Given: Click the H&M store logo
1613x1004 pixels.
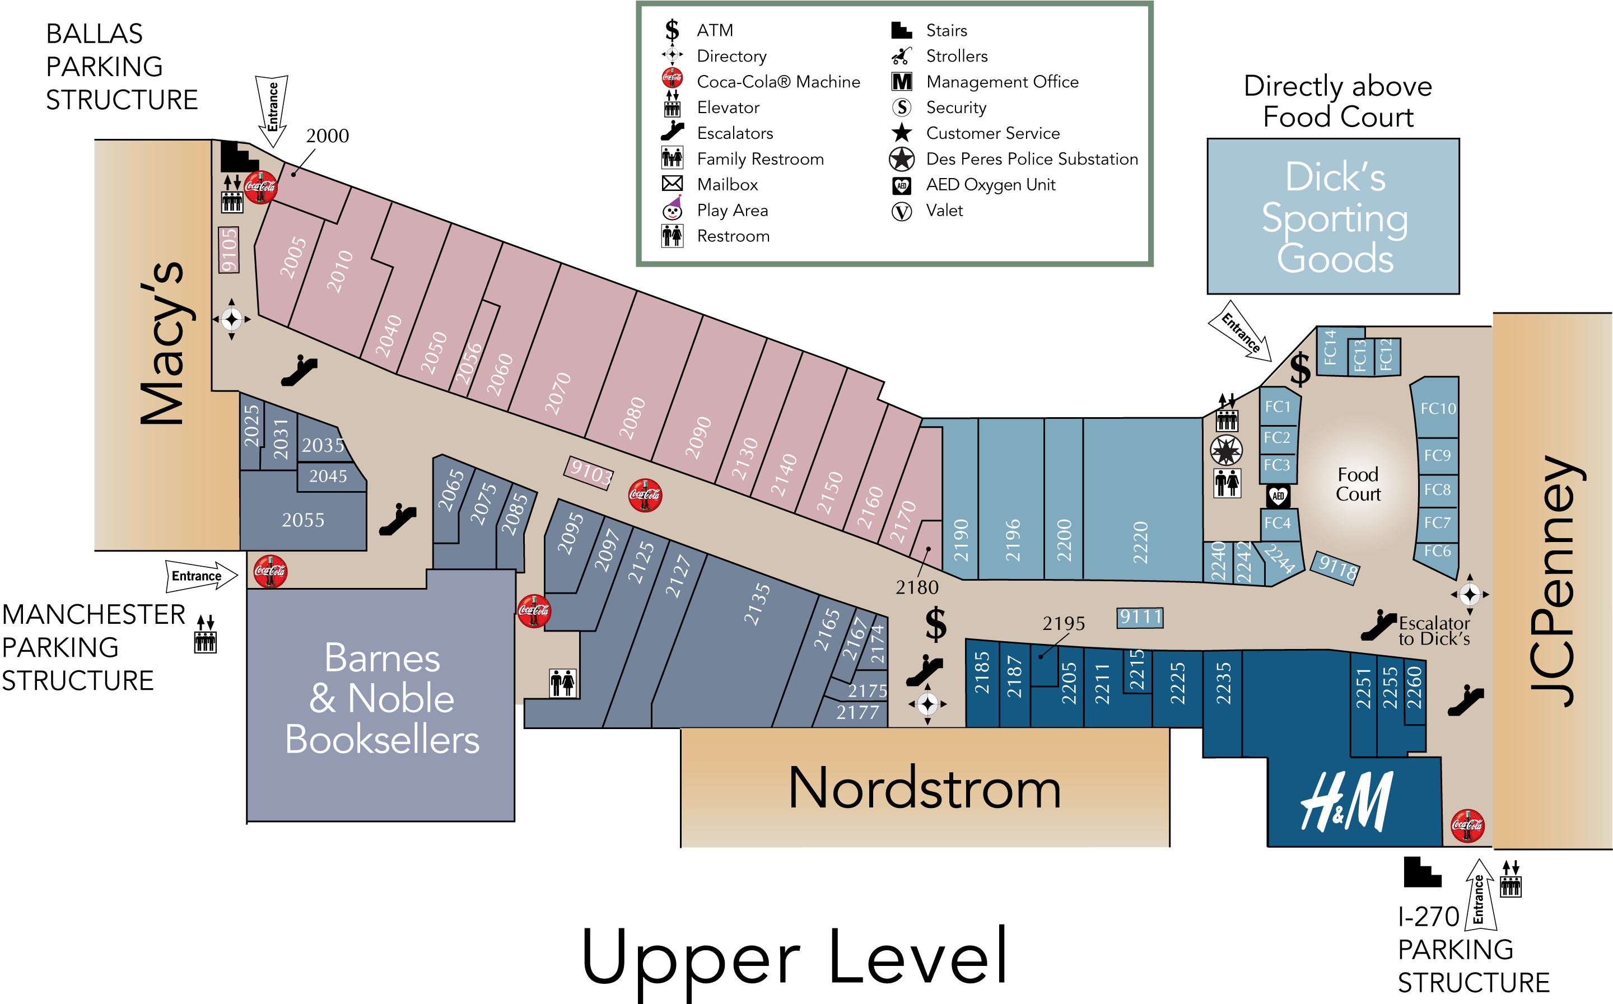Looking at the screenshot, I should pos(1346,801).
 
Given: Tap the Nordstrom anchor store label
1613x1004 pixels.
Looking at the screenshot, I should pos(924,788).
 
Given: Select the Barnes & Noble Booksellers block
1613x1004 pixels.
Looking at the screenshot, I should pos(381,699).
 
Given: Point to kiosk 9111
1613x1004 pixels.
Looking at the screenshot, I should pos(1140,618).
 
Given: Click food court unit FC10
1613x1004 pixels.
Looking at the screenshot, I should pos(1438,408).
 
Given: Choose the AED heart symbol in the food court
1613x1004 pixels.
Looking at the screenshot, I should pos(1278,496).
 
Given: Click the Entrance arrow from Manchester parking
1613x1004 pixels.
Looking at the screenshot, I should pos(200,575).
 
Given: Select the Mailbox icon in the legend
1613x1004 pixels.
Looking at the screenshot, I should pos(672,184).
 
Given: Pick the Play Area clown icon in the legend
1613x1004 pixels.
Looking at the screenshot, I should pos(673,209).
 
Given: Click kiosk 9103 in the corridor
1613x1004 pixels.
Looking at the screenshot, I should pos(589,473).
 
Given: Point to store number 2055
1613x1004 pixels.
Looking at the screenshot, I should pos(303,520).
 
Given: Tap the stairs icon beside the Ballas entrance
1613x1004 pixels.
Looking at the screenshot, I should pos(237,157).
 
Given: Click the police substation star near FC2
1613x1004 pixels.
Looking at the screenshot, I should pos(1226,451).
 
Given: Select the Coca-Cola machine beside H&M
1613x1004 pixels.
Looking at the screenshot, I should pos(1467,825).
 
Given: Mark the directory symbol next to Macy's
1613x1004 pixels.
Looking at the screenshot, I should pos(231,319).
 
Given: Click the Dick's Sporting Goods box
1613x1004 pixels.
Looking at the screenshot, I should pos(1333,217).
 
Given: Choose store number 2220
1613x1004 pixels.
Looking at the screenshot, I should pos(1140,542).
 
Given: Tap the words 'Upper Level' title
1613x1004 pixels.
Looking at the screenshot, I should pos(794,957).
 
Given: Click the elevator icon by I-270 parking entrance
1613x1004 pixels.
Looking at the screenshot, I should pos(1511,879).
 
